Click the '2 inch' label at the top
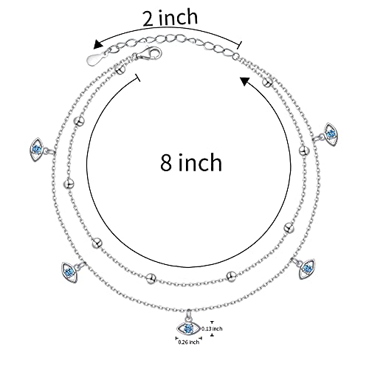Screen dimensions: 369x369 tap(170, 17)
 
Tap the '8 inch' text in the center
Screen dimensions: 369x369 tap(191, 162)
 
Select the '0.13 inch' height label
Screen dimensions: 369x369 tap(212, 328)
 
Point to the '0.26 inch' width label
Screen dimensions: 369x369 tap(188, 342)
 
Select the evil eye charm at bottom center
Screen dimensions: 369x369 tap(188, 327)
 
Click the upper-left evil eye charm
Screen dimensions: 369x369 tap(37, 149)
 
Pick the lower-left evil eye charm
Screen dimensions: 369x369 tap(69, 272)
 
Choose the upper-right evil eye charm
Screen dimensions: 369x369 tap(331, 134)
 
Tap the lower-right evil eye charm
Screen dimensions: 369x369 tap(306, 269)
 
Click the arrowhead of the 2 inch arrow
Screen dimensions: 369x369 tap(98, 44)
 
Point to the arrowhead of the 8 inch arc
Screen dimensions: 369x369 tap(245, 81)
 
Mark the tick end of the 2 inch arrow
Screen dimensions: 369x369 tap(239, 45)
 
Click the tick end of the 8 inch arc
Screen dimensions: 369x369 tap(138, 77)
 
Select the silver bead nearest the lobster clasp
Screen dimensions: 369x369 tap(120, 69)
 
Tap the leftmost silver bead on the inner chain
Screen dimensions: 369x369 tap(69, 184)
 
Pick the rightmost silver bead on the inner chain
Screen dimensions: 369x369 tap(304, 151)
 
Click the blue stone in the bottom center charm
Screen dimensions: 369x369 tap(188, 328)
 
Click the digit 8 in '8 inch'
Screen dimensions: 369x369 tap(165, 162)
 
